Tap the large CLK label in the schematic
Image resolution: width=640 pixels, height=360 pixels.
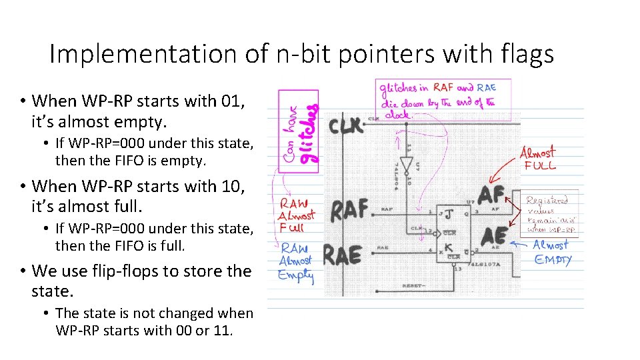tap(347, 125)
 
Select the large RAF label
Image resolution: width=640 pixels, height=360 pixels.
tap(349, 209)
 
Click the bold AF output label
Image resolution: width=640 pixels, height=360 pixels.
tap(492, 195)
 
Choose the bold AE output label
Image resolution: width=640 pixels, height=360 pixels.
tap(493, 237)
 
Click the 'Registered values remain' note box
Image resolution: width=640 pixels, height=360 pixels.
tap(551, 213)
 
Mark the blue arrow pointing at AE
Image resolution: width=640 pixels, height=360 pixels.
tap(520, 243)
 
